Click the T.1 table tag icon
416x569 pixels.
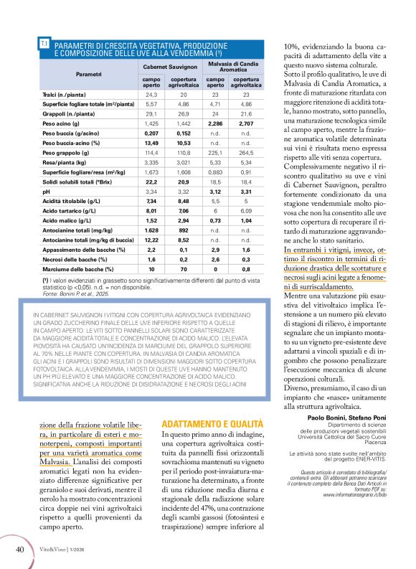[x=44, y=44]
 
